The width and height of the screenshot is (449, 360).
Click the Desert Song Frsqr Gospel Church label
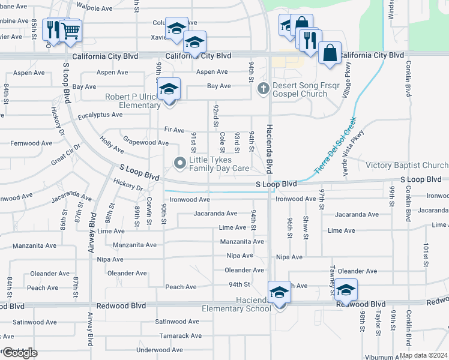point(306,90)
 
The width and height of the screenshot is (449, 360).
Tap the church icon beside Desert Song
point(263,89)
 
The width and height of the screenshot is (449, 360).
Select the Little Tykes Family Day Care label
point(219,164)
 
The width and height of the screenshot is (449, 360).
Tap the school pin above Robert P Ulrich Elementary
point(170,90)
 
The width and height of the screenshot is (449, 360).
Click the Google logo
point(19,353)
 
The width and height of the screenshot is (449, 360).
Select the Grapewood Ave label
point(146,143)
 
